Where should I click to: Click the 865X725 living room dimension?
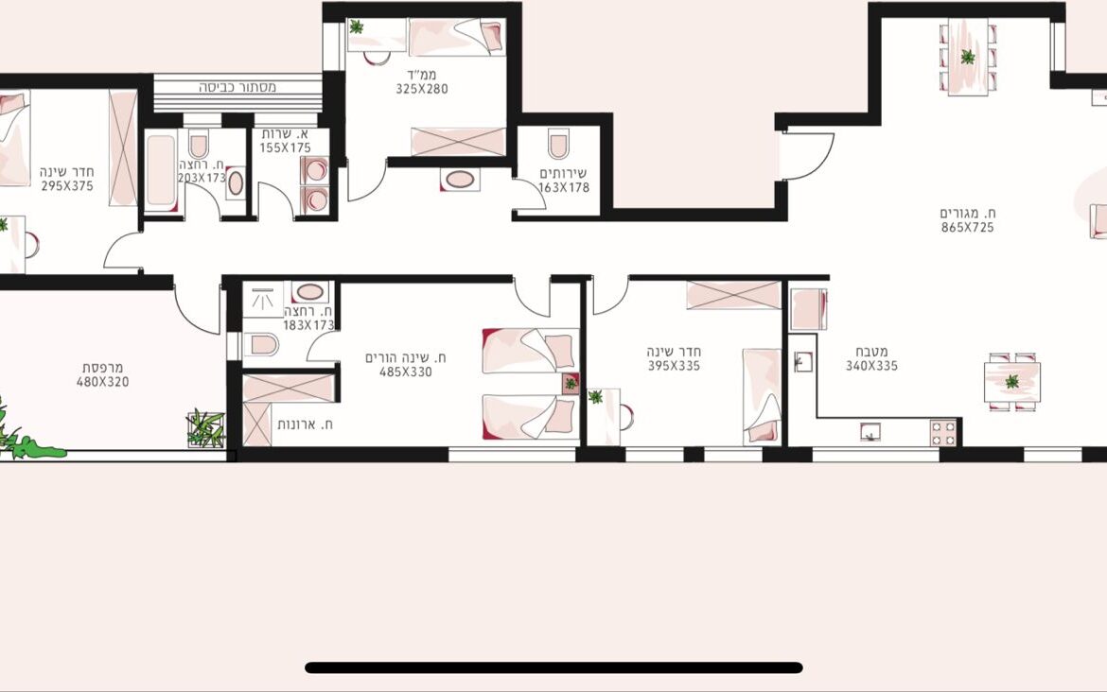click(x=967, y=227)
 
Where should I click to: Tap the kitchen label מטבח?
click(x=872, y=352)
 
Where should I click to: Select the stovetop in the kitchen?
click(x=943, y=432)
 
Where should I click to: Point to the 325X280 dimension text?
click(x=421, y=89)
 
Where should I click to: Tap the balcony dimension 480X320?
click(x=102, y=382)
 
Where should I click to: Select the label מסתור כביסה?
click(x=237, y=88)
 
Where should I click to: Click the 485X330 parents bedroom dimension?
click(x=405, y=372)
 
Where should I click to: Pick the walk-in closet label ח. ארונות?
click(x=305, y=424)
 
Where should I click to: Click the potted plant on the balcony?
click(x=205, y=427)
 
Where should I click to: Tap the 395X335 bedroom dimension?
click(x=675, y=366)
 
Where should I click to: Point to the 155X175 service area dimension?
click(x=285, y=147)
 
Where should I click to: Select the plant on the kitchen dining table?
click(x=1012, y=382)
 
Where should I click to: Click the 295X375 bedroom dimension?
click(x=67, y=186)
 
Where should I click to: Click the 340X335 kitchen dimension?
click(x=872, y=366)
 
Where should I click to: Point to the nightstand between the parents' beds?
click(x=571, y=383)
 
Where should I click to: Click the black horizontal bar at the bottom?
click(x=553, y=667)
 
